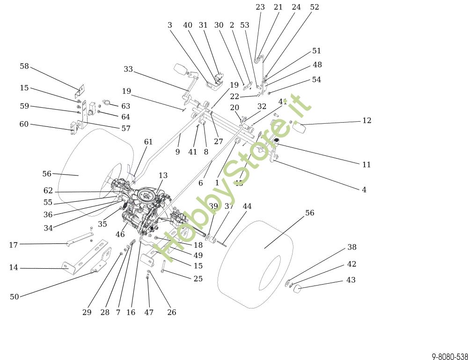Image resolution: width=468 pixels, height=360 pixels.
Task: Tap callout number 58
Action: click(x=24, y=66)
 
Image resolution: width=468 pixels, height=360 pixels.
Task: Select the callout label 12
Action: click(x=367, y=121)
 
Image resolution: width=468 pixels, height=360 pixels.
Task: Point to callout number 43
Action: click(x=351, y=280)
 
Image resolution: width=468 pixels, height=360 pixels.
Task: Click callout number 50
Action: click(x=15, y=297)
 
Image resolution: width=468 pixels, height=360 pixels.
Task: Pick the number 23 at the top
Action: click(x=260, y=7)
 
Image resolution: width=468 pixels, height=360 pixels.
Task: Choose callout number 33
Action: click(x=128, y=69)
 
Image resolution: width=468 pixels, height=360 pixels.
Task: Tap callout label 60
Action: click(x=24, y=124)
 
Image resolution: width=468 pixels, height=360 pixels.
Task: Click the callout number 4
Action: click(x=364, y=190)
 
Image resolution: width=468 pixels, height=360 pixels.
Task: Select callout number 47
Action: click(x=149, y=312)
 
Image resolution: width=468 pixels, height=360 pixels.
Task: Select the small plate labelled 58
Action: click(x=81, y=88)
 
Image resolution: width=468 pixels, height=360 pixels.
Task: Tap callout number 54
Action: click(x=316, y=80)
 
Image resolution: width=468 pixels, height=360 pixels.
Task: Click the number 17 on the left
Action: click(x=13, y=245)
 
